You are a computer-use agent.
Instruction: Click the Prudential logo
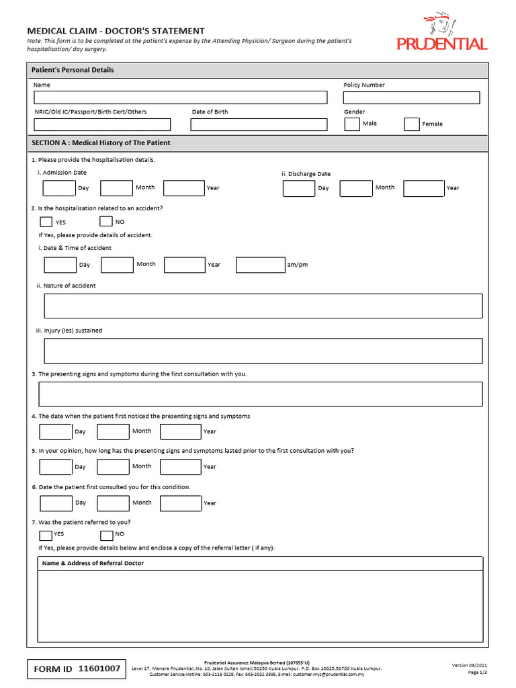(x=441, y=34)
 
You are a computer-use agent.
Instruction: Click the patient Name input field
(x=180, y=97)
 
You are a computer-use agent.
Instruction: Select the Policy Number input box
(x=411, y=97)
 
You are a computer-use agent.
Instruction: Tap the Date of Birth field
(x=259, y=124)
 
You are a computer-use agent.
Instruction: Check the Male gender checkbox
(x=352, y=124)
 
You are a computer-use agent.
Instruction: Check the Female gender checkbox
(x=412, y=124)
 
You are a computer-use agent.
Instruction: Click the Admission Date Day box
(x=59, y=188)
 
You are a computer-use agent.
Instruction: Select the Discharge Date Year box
(x=423, y=188)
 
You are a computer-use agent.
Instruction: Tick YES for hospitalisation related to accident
(x=46, y=222)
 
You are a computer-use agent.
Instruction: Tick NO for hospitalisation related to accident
(x=106, y=221)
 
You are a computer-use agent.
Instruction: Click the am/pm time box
(x=261, y=265)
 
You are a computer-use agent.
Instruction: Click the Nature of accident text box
(x=263, y=306)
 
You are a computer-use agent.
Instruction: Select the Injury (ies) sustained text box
(x=263, y=351)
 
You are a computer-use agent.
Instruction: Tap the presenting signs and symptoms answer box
(x=261, y=394)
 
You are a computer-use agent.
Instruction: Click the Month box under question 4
(x=113, y=431)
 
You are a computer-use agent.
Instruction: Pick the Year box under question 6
(x=181, y=503)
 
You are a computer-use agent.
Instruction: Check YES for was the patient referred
(x=45, y=535)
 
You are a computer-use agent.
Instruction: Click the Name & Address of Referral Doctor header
(x=93, y=563)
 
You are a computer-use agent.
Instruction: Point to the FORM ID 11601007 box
(x=77, y=669)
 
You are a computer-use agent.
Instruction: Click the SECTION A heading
(x=101, y=143)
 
